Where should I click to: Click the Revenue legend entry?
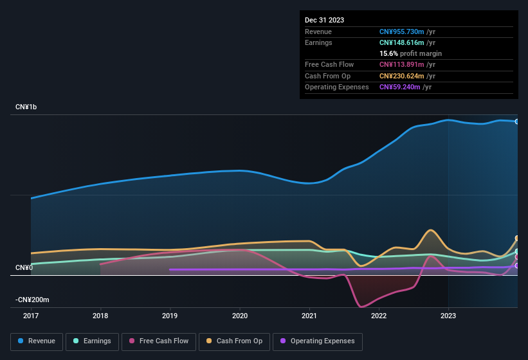[x=37, y=341]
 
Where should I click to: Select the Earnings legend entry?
[x=92, y=341]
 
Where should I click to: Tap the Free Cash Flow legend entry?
[x=159, y=341]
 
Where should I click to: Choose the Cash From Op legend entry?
[x=233, y=341]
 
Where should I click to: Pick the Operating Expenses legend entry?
[x=317, y=341]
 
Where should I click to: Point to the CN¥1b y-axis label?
[x=26, y=107]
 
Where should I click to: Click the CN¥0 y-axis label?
[x=24, y=267]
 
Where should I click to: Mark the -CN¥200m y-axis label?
[x=33, y=300]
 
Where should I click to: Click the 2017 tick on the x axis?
[x=31, y=316]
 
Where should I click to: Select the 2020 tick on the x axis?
[x=240, y=316]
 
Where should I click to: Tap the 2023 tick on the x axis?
[x=448, y=316]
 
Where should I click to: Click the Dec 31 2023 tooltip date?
[x=324, y=20]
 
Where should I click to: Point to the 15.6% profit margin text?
[x=410, y=53]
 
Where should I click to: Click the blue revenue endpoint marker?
[x=517, y=122]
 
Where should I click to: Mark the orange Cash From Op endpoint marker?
[x=517, y=239]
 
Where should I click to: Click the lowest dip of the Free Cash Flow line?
[x=361, y=307]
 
